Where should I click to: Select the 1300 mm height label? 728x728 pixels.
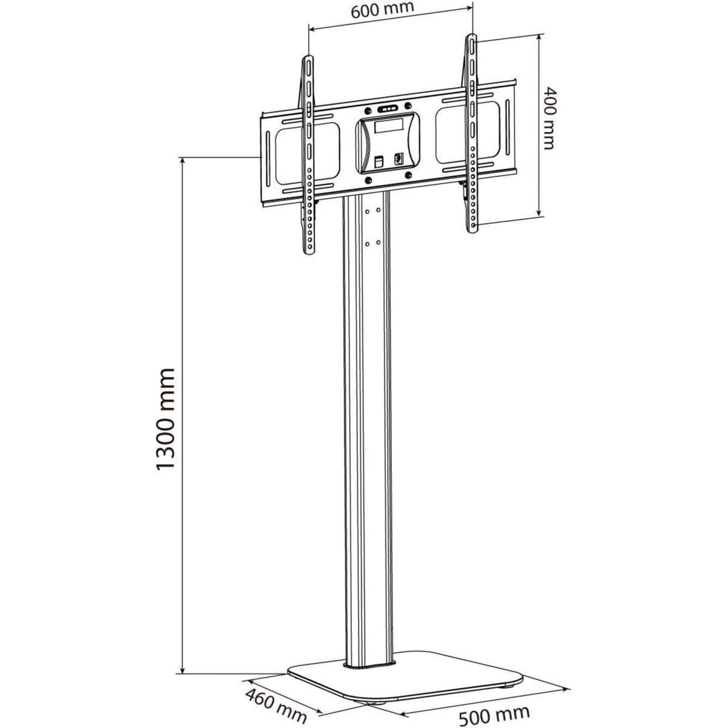[165, 418]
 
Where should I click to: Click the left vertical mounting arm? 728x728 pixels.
[309, 155]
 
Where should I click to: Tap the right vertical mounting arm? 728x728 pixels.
[471, 133]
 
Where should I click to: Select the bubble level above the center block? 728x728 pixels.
[387, 109]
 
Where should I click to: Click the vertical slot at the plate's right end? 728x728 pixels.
[503, 130]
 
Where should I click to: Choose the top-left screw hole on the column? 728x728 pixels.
[367, 212]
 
